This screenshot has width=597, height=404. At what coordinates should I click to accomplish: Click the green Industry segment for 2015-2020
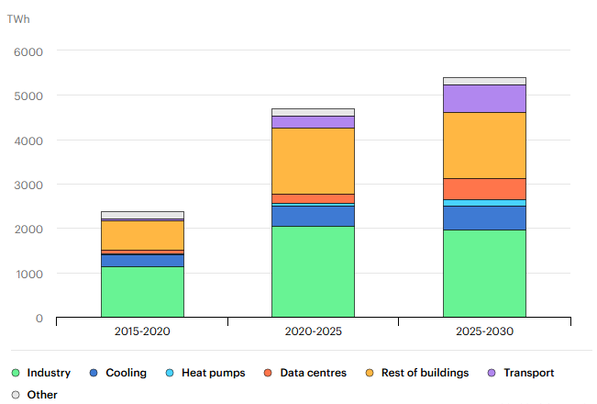(x=142, y=292)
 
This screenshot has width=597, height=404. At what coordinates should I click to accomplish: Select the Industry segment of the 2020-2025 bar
(x=313, y=272)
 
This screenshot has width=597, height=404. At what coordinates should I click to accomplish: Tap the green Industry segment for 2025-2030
(x=484, y=274)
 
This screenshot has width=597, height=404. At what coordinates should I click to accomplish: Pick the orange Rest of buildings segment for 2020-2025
(x=313, y=161)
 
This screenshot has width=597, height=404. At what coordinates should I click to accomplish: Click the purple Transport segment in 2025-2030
(x=484, y=98)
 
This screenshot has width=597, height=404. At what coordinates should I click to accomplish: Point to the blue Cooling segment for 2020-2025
(x=313, y=216)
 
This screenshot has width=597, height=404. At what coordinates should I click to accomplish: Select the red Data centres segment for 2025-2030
(x=484, y=188)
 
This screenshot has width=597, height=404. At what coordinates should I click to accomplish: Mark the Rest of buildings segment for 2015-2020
(x=142, y=235)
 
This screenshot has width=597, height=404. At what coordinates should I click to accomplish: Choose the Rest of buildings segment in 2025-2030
(x=484, y=145)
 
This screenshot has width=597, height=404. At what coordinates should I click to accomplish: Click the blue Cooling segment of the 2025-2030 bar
(x=484, y=218)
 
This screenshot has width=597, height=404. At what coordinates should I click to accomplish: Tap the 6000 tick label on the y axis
(x=28, y=51)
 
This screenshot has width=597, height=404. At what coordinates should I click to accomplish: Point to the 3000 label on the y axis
(x=28, y=185)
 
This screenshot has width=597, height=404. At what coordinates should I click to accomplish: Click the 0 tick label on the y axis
(x=39, y=319)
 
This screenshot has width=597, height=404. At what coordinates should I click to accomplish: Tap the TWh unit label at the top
(x=18, y=18)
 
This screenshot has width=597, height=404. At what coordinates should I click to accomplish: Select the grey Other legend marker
(x=16, y=395)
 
